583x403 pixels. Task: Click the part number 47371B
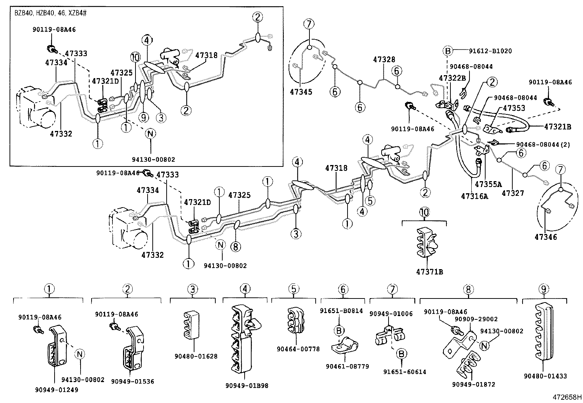(x=429, y=272)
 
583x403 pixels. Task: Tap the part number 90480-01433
(x=545, y=376)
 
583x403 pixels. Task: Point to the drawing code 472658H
(x=567, y=397)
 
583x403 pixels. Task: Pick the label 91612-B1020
(x=491, y=51)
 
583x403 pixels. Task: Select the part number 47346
(x=545, y=237)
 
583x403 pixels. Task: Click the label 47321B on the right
(x=557, y=127)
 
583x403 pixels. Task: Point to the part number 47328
(x=384, y=59)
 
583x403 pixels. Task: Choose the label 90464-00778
(x=298, y=349)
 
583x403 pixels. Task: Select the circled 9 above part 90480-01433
(x=544, y=289)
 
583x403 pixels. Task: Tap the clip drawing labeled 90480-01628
(x=190, y=324)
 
